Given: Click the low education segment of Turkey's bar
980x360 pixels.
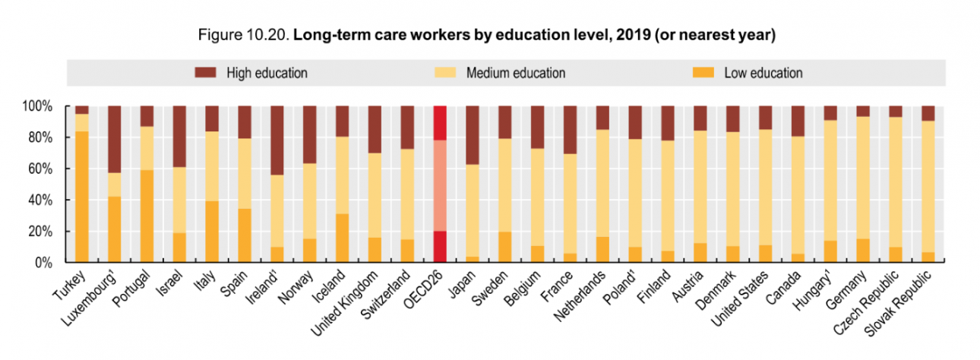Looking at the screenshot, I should point(81,197).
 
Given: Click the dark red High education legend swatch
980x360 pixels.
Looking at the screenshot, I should point(206,73).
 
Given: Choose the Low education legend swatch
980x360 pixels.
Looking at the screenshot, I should point(703,73).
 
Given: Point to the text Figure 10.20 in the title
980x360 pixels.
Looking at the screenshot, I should point(242,36).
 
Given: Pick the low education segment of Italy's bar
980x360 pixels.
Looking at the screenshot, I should point(212,232).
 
